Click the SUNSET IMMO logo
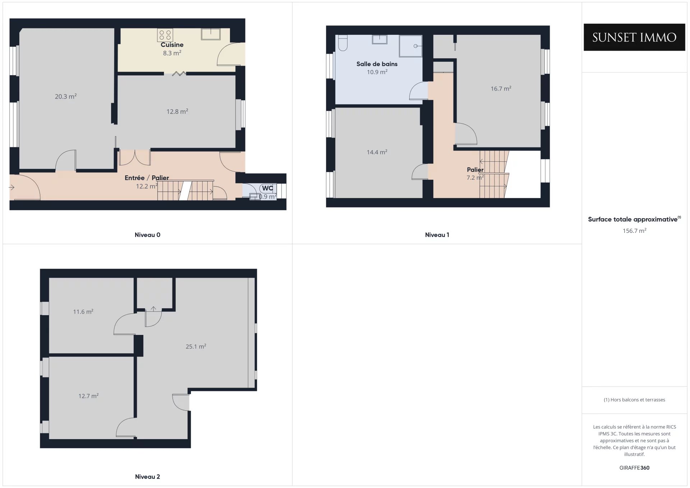pos(634,37)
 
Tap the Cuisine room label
pos(172,45)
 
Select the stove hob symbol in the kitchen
pos(165,35)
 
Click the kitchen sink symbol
pos(211,34)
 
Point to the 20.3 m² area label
pos(66,96)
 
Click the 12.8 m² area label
pos(177,111)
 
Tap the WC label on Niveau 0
pos(267,188)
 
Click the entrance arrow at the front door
pos(12,187)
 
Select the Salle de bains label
pos(377,64)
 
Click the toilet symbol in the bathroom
pos(343,43)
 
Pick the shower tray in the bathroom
pos(410,46)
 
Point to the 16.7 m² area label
pos(501,88)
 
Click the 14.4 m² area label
pos(377,152)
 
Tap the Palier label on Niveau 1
pos(475,170)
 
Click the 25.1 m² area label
pos(196,346)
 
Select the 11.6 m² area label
pos(83,312)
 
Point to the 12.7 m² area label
pos(88,396)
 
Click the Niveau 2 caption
pos(147,477)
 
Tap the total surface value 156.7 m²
pos(635,231)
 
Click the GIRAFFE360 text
pos(634,468)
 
